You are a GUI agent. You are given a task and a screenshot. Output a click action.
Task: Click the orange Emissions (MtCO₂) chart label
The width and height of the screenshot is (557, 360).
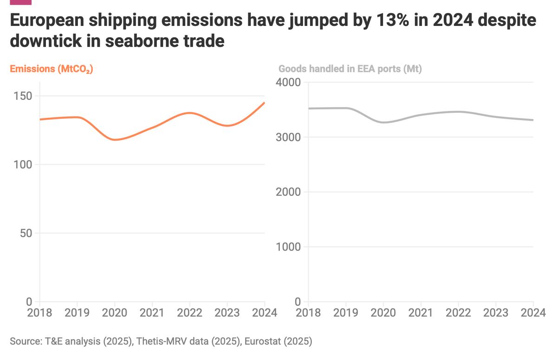(x=52, y=69)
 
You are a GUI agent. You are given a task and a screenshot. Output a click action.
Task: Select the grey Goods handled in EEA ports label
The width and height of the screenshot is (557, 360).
(x=350, y=69)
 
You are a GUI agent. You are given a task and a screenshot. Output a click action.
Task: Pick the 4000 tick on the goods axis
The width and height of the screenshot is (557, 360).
(x=288, y=83)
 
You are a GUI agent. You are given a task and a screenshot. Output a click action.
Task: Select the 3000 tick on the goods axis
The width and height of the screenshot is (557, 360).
(x=288, y=137)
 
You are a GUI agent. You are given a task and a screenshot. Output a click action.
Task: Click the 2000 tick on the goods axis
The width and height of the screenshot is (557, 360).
(x=288, y=192)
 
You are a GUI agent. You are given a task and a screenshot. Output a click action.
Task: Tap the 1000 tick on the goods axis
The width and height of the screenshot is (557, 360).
(x=288, y=247)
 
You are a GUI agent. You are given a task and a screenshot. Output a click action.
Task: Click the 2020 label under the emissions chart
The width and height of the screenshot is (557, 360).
(x=115, y=312)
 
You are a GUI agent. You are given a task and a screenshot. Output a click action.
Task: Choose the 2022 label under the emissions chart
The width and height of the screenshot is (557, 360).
(x=189, y=312)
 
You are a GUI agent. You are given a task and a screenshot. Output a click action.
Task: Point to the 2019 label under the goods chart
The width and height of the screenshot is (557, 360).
(x=345, y=312)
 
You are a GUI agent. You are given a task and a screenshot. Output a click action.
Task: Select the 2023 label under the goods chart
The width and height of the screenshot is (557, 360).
(x=495, y=312)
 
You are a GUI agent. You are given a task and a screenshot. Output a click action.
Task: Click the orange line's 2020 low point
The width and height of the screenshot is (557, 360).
(x=115, y=140)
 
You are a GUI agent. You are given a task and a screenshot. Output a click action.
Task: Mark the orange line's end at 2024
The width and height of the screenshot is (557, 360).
(x=265, y=103)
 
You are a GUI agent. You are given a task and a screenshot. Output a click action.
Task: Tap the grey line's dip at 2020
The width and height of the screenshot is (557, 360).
(x=383, y=122)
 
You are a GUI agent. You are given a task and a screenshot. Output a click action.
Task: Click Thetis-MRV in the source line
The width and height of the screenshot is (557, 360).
(x=158, y=342)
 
